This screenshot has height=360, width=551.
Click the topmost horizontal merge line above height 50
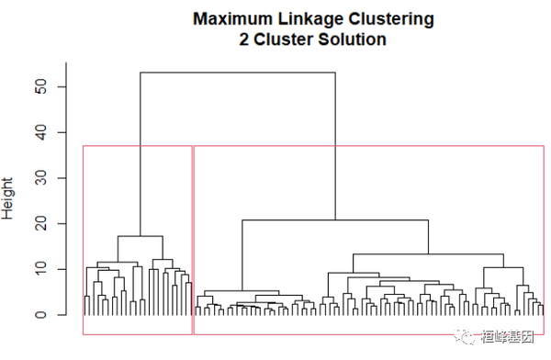[x=237, y=73]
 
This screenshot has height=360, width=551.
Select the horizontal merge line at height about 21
[x=335, y=220]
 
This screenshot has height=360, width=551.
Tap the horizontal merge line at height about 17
[x=140, y=236]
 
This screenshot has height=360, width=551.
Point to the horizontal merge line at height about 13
[x=428, y=253]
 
